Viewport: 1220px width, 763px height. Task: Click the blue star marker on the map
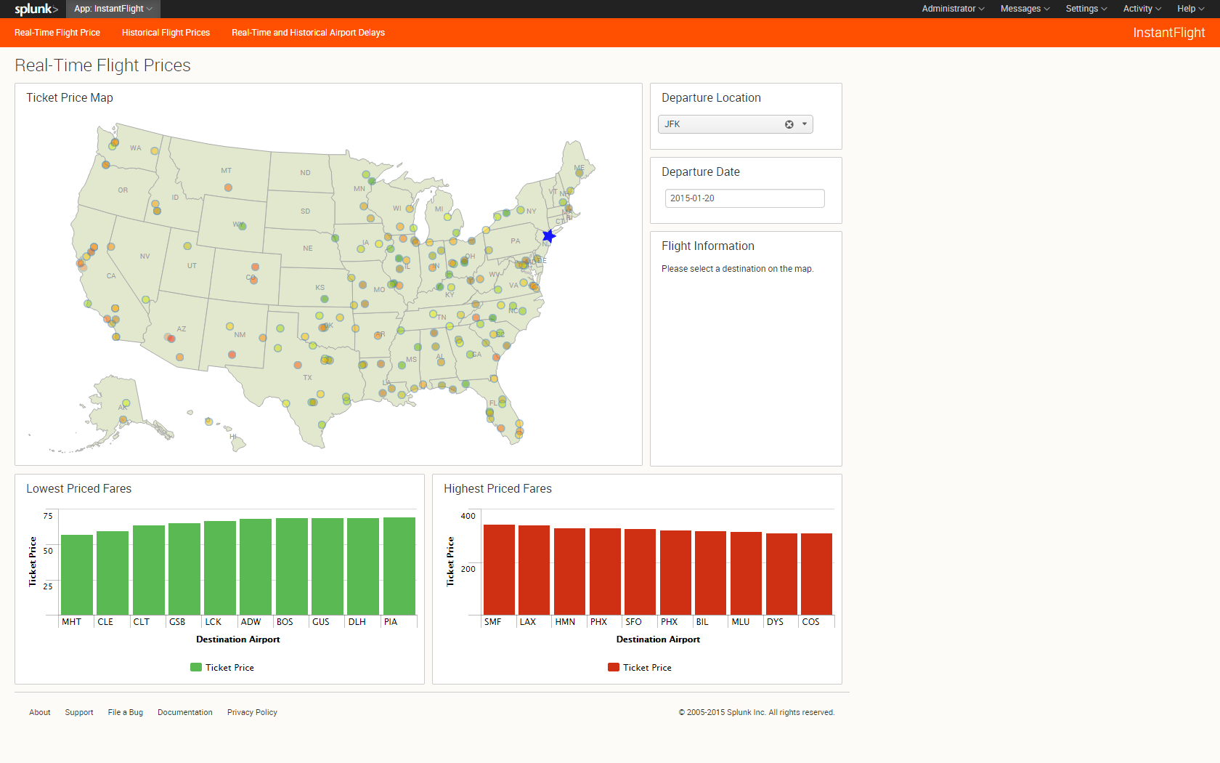[x=549, y=236]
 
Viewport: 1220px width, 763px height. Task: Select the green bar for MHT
[x=77, y=575]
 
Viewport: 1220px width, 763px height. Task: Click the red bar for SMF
[x=499, y=570]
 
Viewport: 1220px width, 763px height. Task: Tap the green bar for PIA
[x=399, y=566]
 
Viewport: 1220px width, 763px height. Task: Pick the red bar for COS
[x=816, y=574]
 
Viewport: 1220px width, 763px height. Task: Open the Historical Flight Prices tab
[x=166, y=33]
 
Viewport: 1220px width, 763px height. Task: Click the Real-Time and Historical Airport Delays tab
[x=308, y=33]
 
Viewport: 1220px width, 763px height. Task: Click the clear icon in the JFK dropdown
[x=789, y=124]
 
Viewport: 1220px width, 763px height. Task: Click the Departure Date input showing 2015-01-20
[x=744, y=198]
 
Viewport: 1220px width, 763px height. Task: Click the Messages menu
[x=1025, y=9]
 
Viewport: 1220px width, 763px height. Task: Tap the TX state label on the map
[x=308, y=378]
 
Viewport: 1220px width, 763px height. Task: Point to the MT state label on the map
[x=227, y=171]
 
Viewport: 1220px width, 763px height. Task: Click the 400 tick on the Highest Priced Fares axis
[x=468, y=516]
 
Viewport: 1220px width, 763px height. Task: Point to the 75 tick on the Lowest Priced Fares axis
[x=48, y=516]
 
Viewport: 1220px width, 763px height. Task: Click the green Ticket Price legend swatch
[x=196, y=667]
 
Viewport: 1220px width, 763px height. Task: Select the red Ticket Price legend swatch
[x=614, y=667]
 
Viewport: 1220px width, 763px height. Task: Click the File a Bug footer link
[x=126, y=712]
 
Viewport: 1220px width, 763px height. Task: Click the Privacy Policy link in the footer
[x=252, y=712]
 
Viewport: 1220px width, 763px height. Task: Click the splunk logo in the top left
[x=36, y=9]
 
